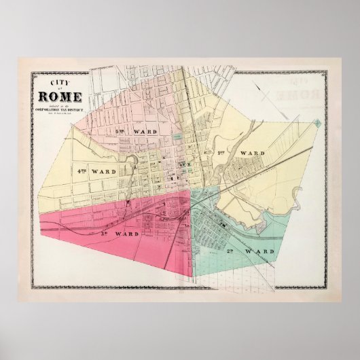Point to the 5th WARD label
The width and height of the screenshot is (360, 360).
click(x=149, y=129)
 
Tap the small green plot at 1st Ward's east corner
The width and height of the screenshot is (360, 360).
click(x=317, y=123)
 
